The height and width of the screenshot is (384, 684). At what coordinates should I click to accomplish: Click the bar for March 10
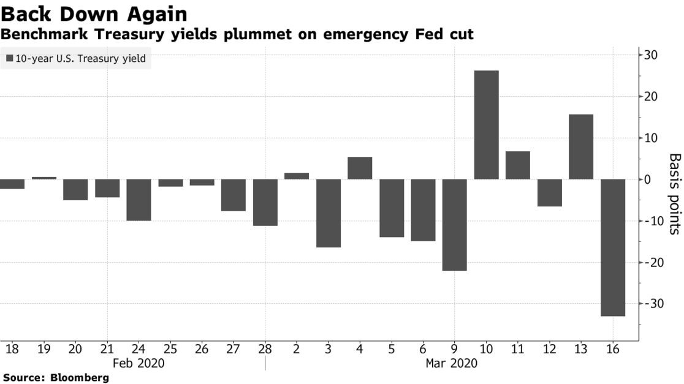point(486,125)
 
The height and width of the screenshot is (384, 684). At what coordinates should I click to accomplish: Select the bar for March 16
point(613,247)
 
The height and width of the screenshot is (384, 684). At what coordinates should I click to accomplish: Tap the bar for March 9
point(454,225)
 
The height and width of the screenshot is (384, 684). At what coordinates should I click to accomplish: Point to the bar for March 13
point(581,147)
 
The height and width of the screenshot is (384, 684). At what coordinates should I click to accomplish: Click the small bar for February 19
point(44,178)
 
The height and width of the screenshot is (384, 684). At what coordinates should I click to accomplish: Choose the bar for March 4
point(360,168)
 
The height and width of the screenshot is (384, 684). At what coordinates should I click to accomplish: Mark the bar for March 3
point(328,213)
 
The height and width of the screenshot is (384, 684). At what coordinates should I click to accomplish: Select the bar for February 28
point(265,202)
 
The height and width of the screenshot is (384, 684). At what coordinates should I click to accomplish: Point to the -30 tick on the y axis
point(650,304)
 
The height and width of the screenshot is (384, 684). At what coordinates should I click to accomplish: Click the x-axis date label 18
point(12,349)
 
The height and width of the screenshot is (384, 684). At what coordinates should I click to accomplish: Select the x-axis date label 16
point(613,349)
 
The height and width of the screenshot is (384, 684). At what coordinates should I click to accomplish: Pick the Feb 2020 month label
point(139,363)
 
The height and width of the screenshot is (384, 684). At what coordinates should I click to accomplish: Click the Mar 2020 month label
point(452,363)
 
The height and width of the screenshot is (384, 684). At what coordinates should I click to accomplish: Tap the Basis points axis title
point(674,194)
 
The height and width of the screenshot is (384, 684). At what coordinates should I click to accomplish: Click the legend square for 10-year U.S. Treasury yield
point(10,59)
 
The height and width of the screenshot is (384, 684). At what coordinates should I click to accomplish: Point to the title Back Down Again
point(94,13)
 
